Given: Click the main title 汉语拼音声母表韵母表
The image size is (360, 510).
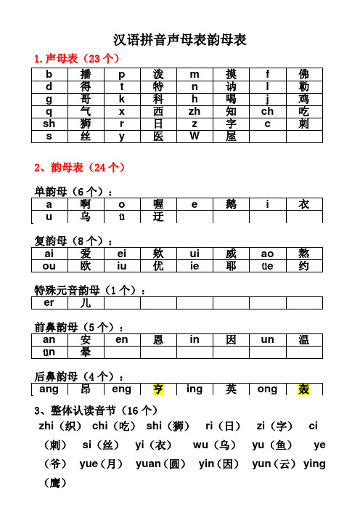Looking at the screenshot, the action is point(181,39).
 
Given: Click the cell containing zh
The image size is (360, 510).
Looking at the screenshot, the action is point(195,111).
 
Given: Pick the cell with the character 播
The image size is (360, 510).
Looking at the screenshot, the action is point(86,74).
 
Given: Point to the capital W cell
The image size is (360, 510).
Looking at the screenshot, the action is point(195,136).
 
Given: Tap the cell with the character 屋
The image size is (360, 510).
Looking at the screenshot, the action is point(232,136).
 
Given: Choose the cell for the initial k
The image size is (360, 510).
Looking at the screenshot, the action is point(122,99).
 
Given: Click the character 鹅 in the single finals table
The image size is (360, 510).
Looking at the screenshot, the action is point(232,205).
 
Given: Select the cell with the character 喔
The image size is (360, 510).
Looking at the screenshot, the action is point(159,205).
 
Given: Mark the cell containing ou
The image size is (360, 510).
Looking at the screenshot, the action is point(50,266).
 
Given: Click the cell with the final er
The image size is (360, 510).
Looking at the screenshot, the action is point(50,302).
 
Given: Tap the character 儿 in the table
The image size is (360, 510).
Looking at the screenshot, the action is point(86,302).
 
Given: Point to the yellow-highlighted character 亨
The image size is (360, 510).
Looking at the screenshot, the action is point(159,389).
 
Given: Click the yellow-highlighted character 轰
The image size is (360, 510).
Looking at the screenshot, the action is point(304,389).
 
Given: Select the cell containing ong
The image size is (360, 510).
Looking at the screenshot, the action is point(267,389).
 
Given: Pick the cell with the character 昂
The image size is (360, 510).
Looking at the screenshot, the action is point(86,389).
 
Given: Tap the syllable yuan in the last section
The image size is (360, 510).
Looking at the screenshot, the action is point(150,464).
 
